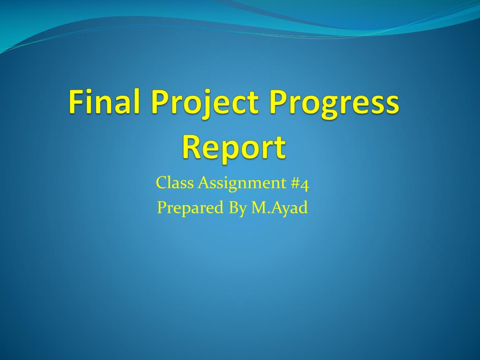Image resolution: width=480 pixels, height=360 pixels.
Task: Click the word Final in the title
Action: pos(104,101)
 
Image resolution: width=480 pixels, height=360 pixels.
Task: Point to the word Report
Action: pos(234,148)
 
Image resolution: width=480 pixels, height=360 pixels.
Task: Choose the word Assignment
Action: pos(242,184)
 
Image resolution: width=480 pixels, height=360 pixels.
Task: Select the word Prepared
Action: pos(190,208)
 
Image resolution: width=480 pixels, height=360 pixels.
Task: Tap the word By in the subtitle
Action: pos(238,208)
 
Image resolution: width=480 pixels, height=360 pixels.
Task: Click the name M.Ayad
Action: pos(279,208)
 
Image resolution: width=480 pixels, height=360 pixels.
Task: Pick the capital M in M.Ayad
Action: pos(259,208)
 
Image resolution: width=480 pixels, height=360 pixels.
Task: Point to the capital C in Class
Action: pos(162,183)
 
